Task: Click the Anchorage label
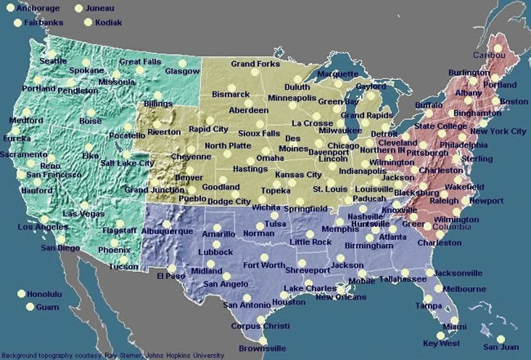tap(38, 8)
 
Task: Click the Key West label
tap(441, 344)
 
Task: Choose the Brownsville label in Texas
tap(262, 349)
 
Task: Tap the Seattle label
tap(53, 61)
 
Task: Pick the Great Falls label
tap(141, 61)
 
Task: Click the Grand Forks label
tap(255, 63)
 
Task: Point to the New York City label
tap(498, 131)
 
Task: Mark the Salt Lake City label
tap(127, 162)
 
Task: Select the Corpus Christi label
tap(260, 326)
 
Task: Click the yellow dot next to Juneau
tap(79, 8)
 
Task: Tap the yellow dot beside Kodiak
tap(86, 23)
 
